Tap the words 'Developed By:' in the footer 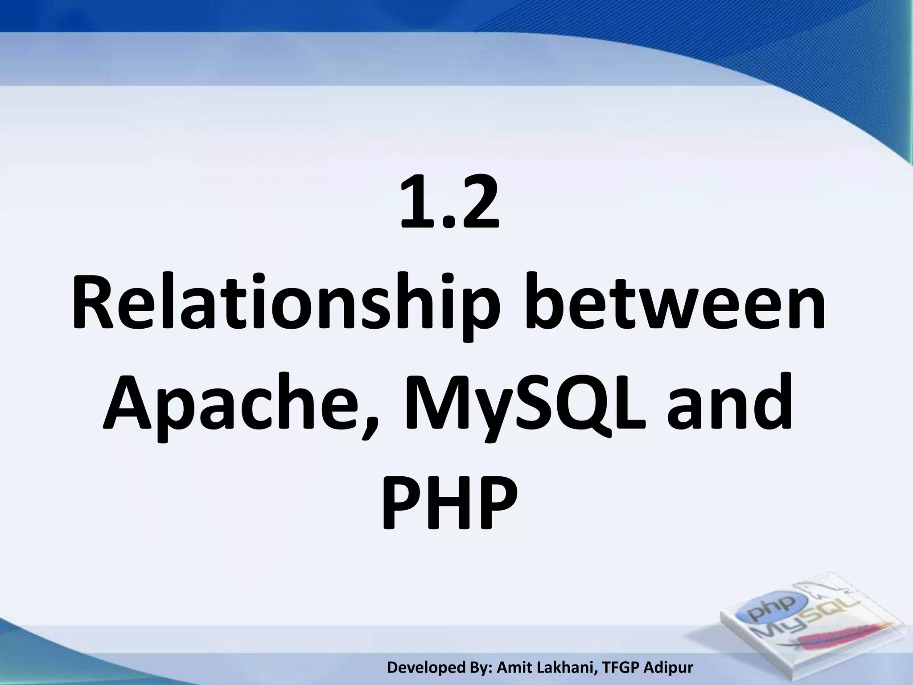click(x=440, y=668)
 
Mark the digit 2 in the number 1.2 click(x=477, y=202)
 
